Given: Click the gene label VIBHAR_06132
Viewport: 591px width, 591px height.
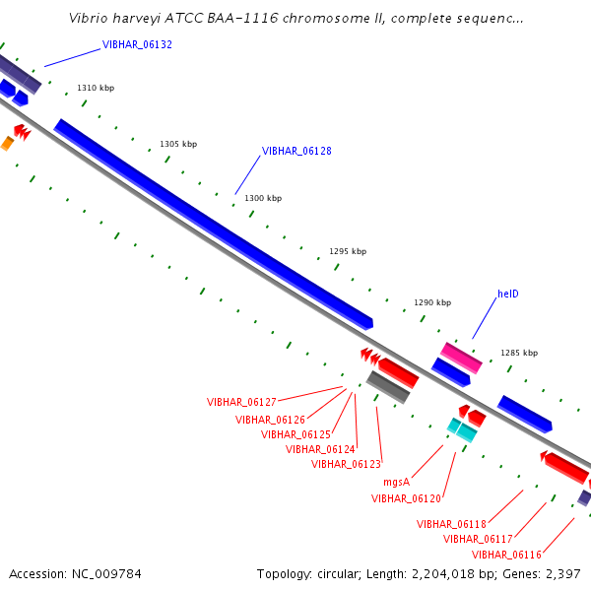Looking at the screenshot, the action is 137,45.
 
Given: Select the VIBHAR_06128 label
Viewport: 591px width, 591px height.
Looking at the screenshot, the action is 296,151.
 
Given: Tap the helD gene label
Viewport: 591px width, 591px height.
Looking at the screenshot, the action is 508,294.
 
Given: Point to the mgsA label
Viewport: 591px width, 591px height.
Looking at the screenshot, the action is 396,482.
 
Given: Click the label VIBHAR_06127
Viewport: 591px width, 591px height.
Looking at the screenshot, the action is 241,402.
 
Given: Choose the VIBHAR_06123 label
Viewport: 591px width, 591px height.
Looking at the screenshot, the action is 346,464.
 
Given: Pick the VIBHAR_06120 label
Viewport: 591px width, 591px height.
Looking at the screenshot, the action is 406,498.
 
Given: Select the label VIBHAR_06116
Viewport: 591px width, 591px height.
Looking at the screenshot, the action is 506,555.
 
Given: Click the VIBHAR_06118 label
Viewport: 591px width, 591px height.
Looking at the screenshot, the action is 451,524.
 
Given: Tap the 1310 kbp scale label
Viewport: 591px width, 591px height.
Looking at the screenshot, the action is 96,88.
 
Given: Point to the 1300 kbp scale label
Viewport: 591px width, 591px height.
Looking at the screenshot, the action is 263,198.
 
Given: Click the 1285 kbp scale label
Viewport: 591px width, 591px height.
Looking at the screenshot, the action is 519,353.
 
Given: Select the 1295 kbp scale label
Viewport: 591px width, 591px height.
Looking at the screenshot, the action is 348,251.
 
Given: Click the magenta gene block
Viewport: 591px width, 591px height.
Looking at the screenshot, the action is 461,359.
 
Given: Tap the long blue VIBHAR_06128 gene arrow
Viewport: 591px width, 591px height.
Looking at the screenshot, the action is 214,225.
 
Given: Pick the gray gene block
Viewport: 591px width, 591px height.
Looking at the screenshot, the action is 388,387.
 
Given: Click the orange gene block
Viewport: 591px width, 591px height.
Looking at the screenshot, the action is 7,144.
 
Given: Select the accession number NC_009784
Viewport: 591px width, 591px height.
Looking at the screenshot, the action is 106,574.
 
